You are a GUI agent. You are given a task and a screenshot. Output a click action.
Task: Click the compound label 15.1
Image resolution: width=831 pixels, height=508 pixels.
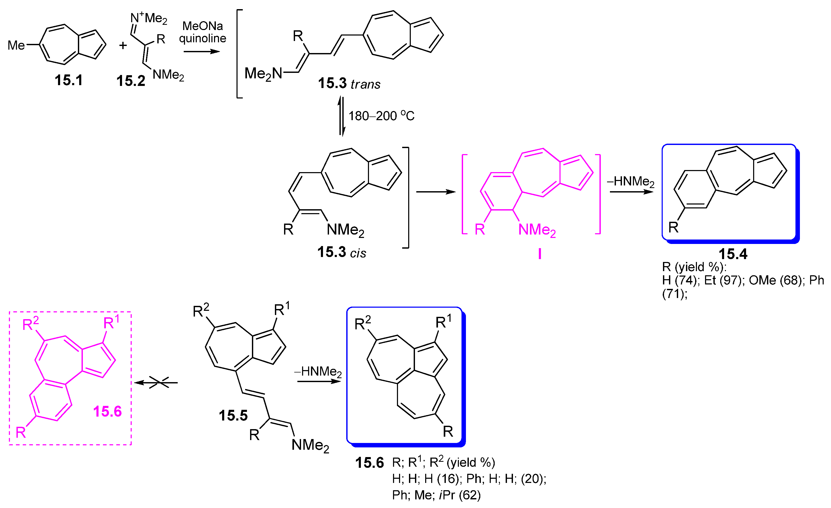(x=68, y=80)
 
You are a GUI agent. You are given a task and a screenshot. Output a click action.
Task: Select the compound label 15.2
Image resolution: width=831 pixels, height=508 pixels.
(x=130, y=81)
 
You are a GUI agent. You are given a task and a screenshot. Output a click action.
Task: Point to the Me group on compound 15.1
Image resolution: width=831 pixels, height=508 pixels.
(x=16, y=45)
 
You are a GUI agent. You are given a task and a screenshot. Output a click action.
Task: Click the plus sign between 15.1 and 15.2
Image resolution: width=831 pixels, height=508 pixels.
(x=123, y=45)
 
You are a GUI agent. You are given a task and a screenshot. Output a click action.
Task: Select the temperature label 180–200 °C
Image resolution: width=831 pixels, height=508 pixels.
(x=381, y=116)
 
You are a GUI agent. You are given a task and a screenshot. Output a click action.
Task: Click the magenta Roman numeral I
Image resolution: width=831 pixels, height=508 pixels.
(x=540, y=254)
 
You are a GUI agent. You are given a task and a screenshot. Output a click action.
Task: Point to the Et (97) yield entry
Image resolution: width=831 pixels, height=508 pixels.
(x=724, y=281)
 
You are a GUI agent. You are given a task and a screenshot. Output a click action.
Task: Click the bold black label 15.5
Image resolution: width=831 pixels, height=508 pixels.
(x=233, y=416)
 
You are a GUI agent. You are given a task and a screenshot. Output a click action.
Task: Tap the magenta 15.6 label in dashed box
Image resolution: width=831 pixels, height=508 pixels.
(x=107, y=412)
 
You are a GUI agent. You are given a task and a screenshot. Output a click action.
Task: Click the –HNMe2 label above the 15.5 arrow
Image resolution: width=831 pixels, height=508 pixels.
(x=318, y=371)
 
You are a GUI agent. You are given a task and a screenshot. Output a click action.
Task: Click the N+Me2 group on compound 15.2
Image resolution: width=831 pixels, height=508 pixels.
(x=149, y=17)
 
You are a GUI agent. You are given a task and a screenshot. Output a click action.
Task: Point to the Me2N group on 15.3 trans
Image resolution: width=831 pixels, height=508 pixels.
(x=263, y=73)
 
